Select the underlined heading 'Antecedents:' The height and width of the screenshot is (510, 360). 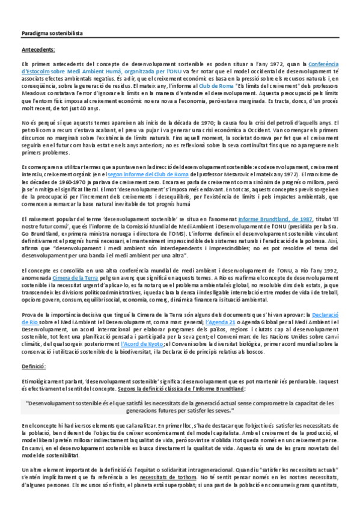click(38, 50)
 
